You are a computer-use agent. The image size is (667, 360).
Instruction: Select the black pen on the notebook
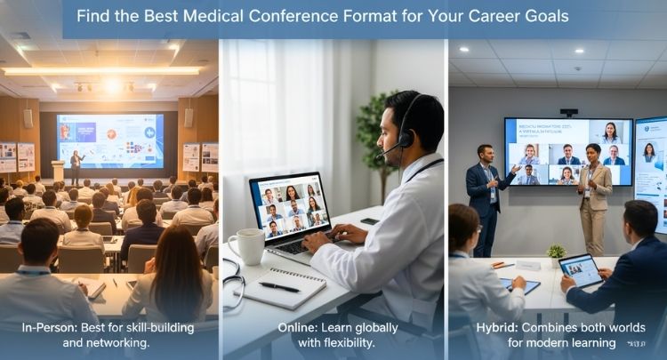point(281,286)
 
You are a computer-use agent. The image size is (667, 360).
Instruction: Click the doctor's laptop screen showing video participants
point(289,205)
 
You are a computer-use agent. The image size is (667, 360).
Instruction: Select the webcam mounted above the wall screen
point(569,113)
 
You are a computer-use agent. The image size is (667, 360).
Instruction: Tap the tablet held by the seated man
point(583,269)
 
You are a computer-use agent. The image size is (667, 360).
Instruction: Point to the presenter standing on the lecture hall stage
point(76,167)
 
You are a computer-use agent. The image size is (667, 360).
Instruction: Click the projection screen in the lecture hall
point(109,140)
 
